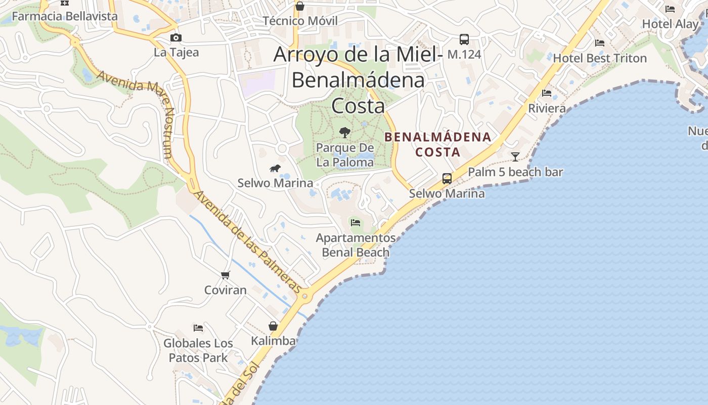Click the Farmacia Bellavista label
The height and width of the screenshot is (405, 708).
point(65,16)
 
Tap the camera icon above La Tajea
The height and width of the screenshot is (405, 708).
point(176,38)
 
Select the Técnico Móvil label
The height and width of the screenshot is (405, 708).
point(300,21)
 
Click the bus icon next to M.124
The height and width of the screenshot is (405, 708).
point(464,39)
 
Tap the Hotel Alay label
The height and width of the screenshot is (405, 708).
point(670,24)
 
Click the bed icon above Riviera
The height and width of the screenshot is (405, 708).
point(547,93)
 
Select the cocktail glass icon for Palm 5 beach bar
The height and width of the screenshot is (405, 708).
point(515,156)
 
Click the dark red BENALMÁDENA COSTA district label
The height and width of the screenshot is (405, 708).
point(438,144)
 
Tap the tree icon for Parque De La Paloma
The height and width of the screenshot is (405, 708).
point(345,133)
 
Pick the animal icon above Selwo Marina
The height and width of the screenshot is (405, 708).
point(275,169)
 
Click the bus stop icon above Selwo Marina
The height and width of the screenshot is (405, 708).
point(447,179)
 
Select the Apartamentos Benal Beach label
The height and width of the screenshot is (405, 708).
point(356,245)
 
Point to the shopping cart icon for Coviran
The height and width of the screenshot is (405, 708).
point(226,275)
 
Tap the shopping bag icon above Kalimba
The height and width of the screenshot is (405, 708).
point(273,326)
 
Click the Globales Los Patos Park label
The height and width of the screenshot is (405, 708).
point(198,350)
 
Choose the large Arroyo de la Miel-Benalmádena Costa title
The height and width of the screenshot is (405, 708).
point(358,80)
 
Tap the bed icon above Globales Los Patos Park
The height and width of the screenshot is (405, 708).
point(198,328)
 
